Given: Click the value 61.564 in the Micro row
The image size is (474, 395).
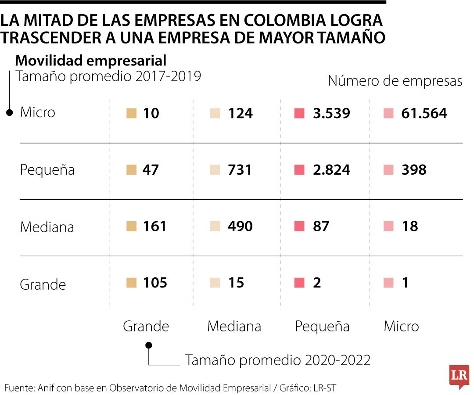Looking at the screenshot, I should [x=424, y=114].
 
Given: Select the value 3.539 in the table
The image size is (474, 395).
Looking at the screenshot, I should [x=331, y=114].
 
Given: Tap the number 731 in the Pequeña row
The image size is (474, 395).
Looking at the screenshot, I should [x=240, y=170].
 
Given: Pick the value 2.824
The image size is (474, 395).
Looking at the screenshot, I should [x=331, y=170].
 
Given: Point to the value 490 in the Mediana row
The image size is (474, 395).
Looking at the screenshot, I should [x=240, y=226].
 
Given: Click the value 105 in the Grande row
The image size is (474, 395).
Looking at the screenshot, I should [x=155, y=283].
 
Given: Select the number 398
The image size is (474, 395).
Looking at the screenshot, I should [x=414, y=170].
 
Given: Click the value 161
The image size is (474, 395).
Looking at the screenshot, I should [x=155, y=226].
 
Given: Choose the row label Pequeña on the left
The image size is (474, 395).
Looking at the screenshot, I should [x=47, y=170].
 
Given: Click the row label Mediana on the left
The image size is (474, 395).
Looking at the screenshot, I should [x=47, y=227].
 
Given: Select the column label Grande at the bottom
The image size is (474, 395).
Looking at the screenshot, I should [x=146, y=327].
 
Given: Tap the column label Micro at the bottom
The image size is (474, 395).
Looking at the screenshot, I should [x=401, y=327].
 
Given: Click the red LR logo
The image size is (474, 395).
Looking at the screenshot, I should [x=459, y=376].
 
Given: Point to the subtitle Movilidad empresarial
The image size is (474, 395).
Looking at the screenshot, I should [x=91, y=61].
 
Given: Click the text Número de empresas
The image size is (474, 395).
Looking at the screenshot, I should [x=395, y=81].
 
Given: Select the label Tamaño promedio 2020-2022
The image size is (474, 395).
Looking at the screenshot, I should [x=278, y=360].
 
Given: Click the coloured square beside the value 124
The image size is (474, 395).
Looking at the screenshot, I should [x=215, y=114].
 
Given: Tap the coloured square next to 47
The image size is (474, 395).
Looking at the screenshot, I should [x=131, y=170].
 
